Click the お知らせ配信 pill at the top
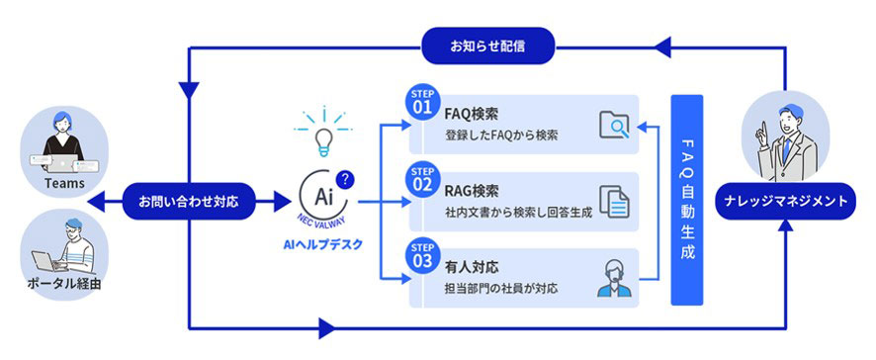pyautogui.click(x=488, y=45)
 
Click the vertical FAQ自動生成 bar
pyautogui.click(x=686, y=200)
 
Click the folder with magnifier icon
pyautogui.click(x=615, y=125)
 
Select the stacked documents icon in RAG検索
pyautogui.click(x=615, y=201)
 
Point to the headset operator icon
pyautogui.click(x=613, y=278)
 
